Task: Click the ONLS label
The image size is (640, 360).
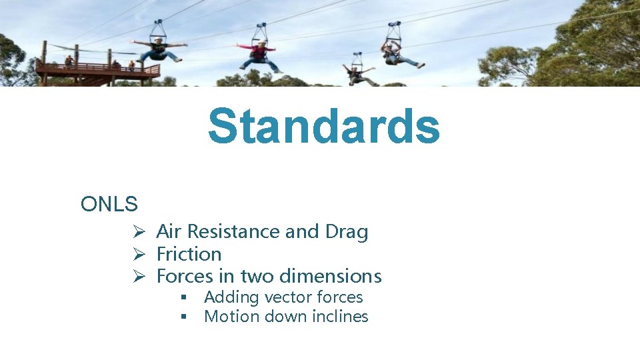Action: click(109, 205)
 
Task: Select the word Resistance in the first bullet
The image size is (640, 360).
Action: click(233, 231)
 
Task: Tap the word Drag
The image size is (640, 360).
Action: click(346, 231)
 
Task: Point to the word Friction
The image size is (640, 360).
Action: click(189, 254)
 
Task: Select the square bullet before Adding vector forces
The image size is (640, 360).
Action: click(182, 297)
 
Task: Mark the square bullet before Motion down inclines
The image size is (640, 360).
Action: click(182, 317)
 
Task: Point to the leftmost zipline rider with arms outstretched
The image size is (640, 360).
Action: click(159, 50)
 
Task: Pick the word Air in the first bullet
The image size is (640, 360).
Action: click(169, 231)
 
